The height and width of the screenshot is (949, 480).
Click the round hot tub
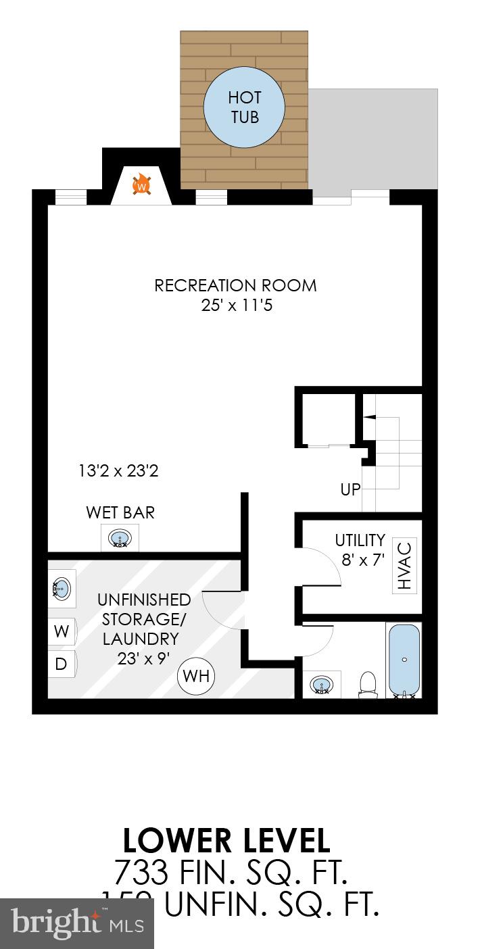[244, 108]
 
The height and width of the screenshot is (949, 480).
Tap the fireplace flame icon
[142, 184]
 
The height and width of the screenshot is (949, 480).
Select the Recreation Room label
[235, 285]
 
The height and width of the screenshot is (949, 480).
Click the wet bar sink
[120, 539]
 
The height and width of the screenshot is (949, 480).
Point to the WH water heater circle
[196, 675]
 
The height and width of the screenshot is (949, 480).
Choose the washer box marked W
[62, 632]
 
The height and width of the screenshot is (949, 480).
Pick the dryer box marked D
[61, 664]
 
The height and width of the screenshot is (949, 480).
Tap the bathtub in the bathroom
[404, 660]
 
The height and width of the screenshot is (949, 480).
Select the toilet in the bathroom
[368, 683]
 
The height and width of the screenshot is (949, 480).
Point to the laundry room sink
[61, 588]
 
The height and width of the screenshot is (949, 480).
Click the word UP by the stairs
[350, 489]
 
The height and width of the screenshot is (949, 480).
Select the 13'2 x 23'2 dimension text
[118, 471]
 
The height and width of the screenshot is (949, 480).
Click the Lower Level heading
[226, 841]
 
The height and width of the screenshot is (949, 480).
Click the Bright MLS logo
[77, 923]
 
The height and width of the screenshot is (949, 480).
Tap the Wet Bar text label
[120, 512]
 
